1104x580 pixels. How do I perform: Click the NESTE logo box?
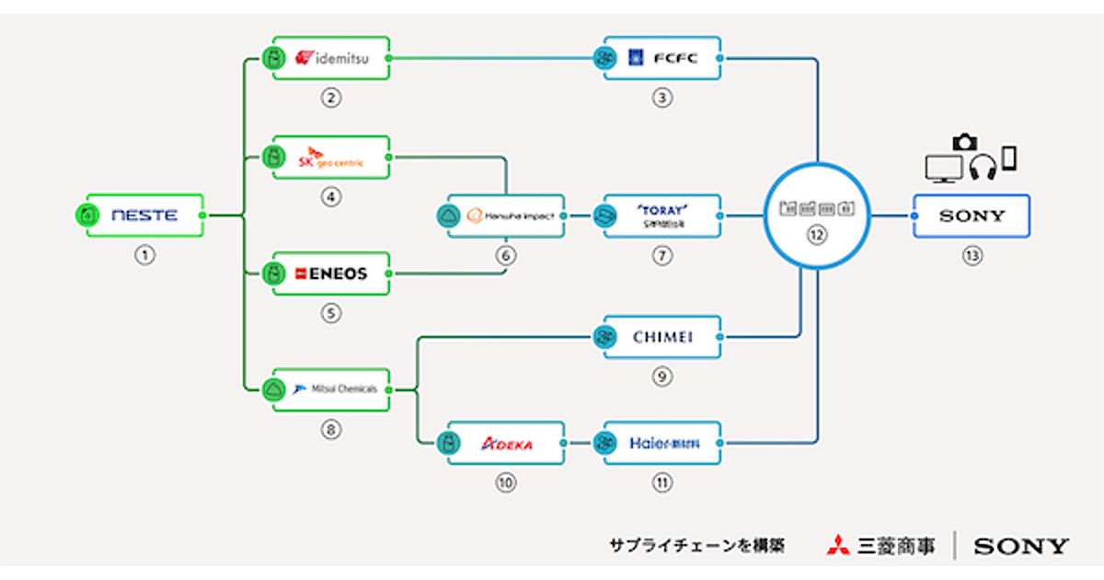[144, 216]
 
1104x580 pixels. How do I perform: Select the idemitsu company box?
[331, 59]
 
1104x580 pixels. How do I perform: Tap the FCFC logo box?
[662, 59]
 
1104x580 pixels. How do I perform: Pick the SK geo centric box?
[331, 157]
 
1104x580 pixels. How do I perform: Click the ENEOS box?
[331, 273]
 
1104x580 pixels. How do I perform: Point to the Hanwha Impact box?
[505, 216]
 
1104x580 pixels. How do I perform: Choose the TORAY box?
[662, 216]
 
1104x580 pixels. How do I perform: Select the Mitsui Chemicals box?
[331, 389]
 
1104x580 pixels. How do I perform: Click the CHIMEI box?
[662, 337]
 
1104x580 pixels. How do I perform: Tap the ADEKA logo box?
[505, 444]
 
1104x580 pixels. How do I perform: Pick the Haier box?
[662, 444]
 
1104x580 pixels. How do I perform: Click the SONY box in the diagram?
[972, 216]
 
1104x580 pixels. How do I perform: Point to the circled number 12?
[815, 235]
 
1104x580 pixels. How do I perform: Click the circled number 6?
[505, 256]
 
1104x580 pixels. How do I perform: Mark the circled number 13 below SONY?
[972, 256]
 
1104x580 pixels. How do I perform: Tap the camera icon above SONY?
[964, 142]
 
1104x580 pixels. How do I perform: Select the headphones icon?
[983, 167]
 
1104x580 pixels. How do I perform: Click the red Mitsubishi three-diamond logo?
[838, 546]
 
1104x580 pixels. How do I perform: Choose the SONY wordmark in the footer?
[1021, 547]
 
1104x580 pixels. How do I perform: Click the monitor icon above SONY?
[944, 167]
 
